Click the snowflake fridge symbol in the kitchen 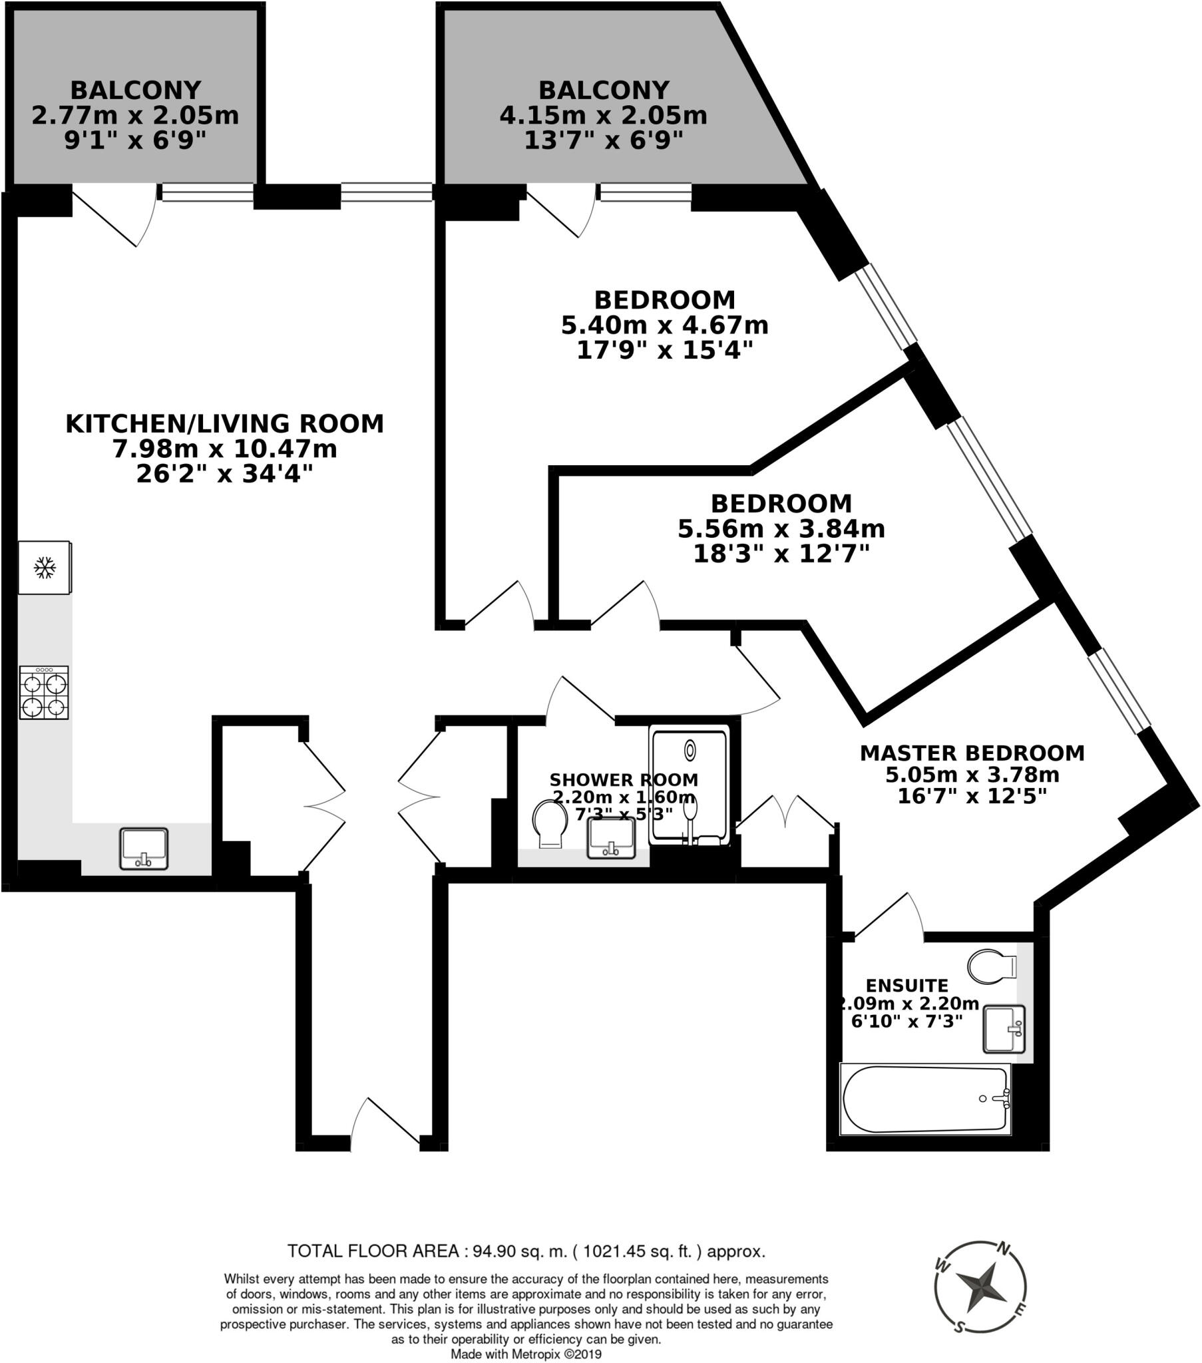(45, 568)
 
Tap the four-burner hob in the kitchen (44, 693)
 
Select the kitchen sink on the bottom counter (143, 848)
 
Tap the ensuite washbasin (1003, 1029)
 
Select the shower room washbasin (610, 838)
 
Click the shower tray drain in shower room (690, 751)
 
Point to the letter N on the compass (1002, 1247)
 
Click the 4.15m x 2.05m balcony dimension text (603, 115)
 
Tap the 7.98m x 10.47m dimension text (225, 449)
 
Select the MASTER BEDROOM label (972, 753)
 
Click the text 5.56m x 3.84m (781, 529)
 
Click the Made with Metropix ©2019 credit (526, 1354)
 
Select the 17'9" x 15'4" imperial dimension (664, 350)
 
